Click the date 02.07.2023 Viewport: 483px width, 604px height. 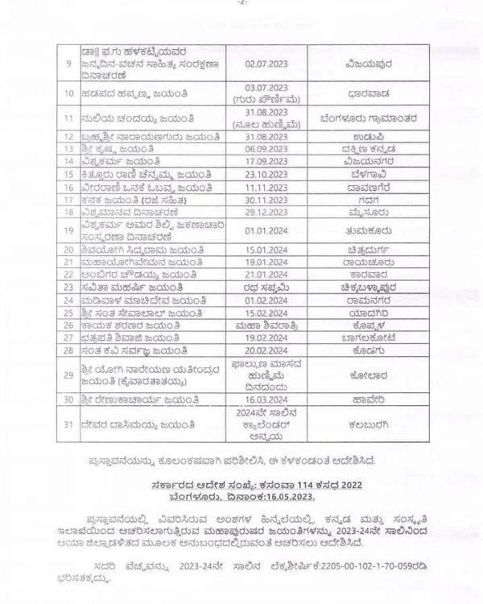[x=266, y=61]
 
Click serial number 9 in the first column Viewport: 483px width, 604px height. [x=68, y=62]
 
